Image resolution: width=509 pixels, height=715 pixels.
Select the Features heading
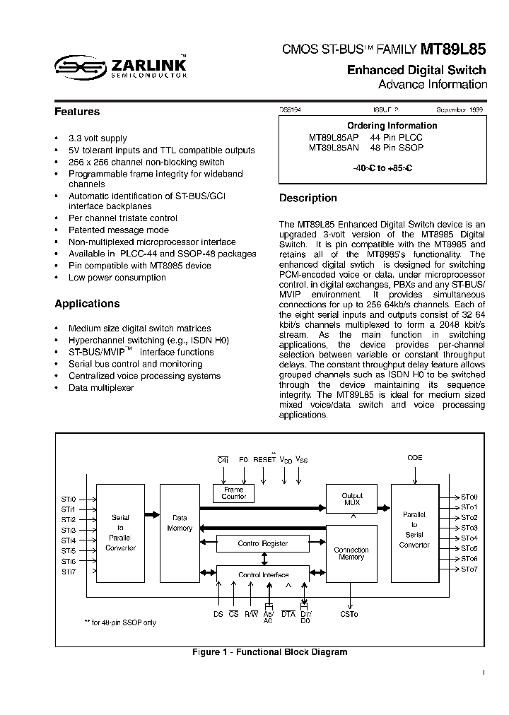click(x=77, y=112)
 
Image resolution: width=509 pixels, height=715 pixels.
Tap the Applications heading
click(x=87, y=304)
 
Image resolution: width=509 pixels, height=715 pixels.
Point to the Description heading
click(x=308, y=199)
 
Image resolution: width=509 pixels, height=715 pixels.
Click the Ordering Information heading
click(x=382, y=126)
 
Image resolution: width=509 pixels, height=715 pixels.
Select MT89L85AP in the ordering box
click(x=334, y=138)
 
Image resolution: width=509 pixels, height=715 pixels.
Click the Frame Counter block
click(x=233, y=493)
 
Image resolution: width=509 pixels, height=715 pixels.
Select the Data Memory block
click(x=180, y=524)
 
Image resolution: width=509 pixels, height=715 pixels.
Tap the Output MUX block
click(x=351, y=499)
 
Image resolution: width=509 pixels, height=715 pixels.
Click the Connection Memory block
click(x=351, y=553)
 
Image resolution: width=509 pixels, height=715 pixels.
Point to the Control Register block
click(x=262, y=543)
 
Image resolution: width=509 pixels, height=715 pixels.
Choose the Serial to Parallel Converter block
click(x=120, y=533)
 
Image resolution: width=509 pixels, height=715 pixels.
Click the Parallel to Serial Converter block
click(x=414, y=529)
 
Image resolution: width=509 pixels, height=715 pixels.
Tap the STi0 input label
click(x=68, y=499)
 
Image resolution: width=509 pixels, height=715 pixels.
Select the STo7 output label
click(x=469, y=569)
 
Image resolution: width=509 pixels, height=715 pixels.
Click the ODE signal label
click(x=414, y=458)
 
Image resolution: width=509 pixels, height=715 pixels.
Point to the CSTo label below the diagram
click(x=349, y=615)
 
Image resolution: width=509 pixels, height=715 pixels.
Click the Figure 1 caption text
click(x=269, y=652)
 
